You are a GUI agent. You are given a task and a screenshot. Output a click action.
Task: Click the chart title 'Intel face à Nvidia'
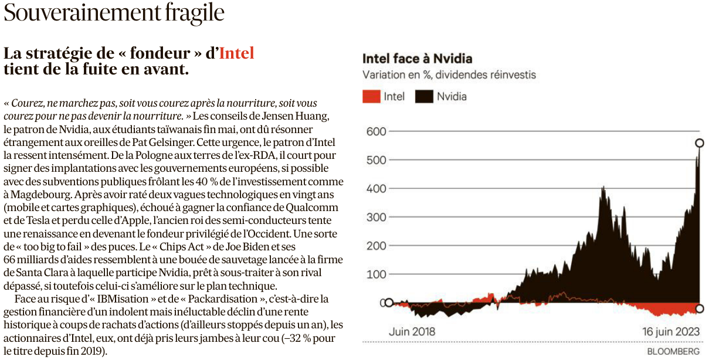(x=417, y=59)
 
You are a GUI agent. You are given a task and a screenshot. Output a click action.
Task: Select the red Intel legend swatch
(x=371, y=97)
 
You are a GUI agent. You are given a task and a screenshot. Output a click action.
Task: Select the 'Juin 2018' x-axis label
(x=412, y=331)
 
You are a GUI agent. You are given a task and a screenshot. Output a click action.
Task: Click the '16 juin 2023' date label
(x=670, y=331)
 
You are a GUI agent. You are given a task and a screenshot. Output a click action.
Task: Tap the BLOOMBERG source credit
(x=673, y=351)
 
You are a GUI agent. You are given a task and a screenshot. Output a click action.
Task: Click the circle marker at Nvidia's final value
(x=699, y=142)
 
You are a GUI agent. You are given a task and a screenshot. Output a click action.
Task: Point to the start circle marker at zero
(x=388, y=303)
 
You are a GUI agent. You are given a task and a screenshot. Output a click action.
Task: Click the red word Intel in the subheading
(x=236, y=53)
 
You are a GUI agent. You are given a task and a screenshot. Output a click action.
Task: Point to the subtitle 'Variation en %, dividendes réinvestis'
(x=449, y=75)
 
